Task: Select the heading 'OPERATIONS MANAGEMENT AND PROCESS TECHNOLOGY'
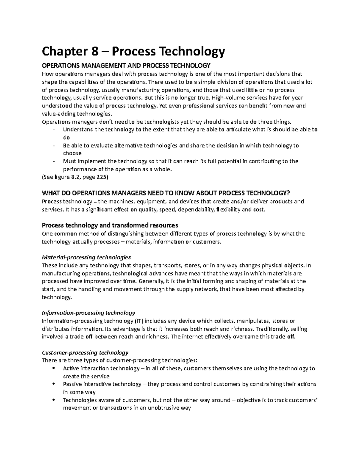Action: [x=126, y=66]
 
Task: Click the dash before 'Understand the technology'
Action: [x=54, y=130]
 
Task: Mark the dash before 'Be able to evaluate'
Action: [x=54, y=146]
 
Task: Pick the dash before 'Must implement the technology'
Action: [x=54, y=161]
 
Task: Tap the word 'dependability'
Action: [x=196, y=209]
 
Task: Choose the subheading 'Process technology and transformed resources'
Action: [x=110, y=225]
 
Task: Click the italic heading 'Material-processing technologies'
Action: [x=86, y=257]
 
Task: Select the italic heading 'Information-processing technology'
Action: [x=88, y=313]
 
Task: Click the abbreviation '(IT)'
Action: [x=138, y=321]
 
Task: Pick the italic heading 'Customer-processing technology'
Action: [x=85, y=353]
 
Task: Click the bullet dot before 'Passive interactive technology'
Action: [x=54, y=384]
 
